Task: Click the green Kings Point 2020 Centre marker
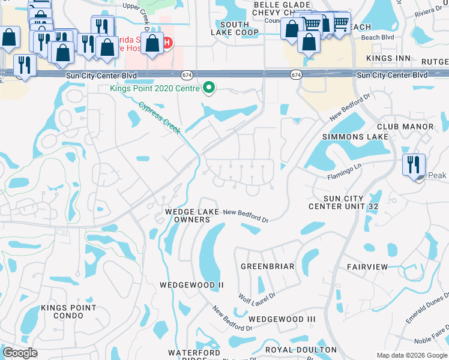(209, 88)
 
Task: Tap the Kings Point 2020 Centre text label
(155, 88)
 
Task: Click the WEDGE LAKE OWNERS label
(188, 216)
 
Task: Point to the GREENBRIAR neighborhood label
(267, 266)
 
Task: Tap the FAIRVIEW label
(367, 266)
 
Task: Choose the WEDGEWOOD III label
(282, 319)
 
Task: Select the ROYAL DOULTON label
(301, 349)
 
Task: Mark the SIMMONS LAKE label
(352, 137)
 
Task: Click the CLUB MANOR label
(405, 127)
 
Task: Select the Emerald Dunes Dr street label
(427, 309)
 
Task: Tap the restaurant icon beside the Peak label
(414, 164)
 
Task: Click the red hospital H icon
(167, 43)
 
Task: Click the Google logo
(20, 353)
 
